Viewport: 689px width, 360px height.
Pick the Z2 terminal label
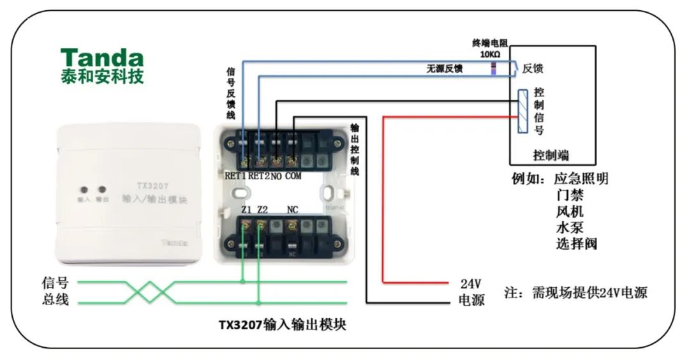(x=262, y=210)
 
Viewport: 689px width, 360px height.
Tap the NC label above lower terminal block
(x=293, y=210)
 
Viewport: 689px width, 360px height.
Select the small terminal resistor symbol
(x=493, y=68)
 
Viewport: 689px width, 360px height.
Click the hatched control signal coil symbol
(x=522, y=111)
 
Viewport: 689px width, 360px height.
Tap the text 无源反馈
(x=445, y=68)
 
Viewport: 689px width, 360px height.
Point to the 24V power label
(x=470, y=283)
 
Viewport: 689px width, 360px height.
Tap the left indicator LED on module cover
(x=84, y=190)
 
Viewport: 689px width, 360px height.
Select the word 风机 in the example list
(x=570, y=211)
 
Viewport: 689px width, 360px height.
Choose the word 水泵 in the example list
(x=570, y=227)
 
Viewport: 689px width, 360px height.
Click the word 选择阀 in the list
(x=577, y=244)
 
